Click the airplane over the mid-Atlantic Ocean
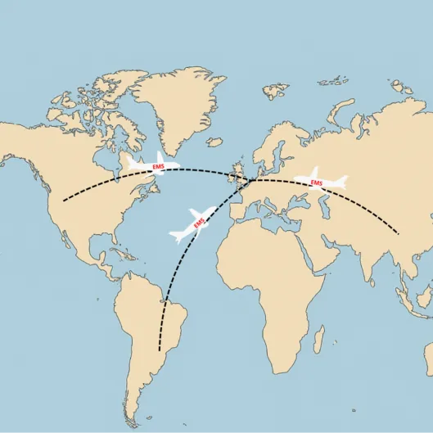[194, 223]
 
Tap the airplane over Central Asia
[320, 180]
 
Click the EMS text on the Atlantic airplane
[199, 222]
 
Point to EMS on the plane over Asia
[317, 182]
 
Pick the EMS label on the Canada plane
[159, 168]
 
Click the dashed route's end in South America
[160, 350]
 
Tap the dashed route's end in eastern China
[399, 234]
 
